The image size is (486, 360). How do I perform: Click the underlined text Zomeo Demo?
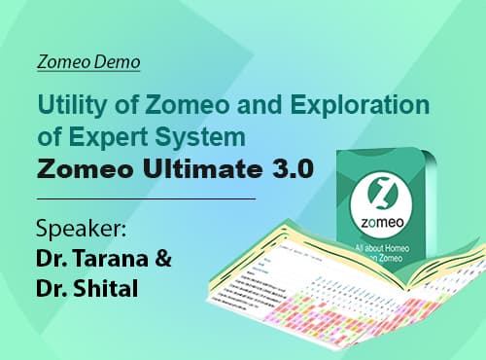tap(87, 62)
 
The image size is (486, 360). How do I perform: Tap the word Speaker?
tap(82, 231)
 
